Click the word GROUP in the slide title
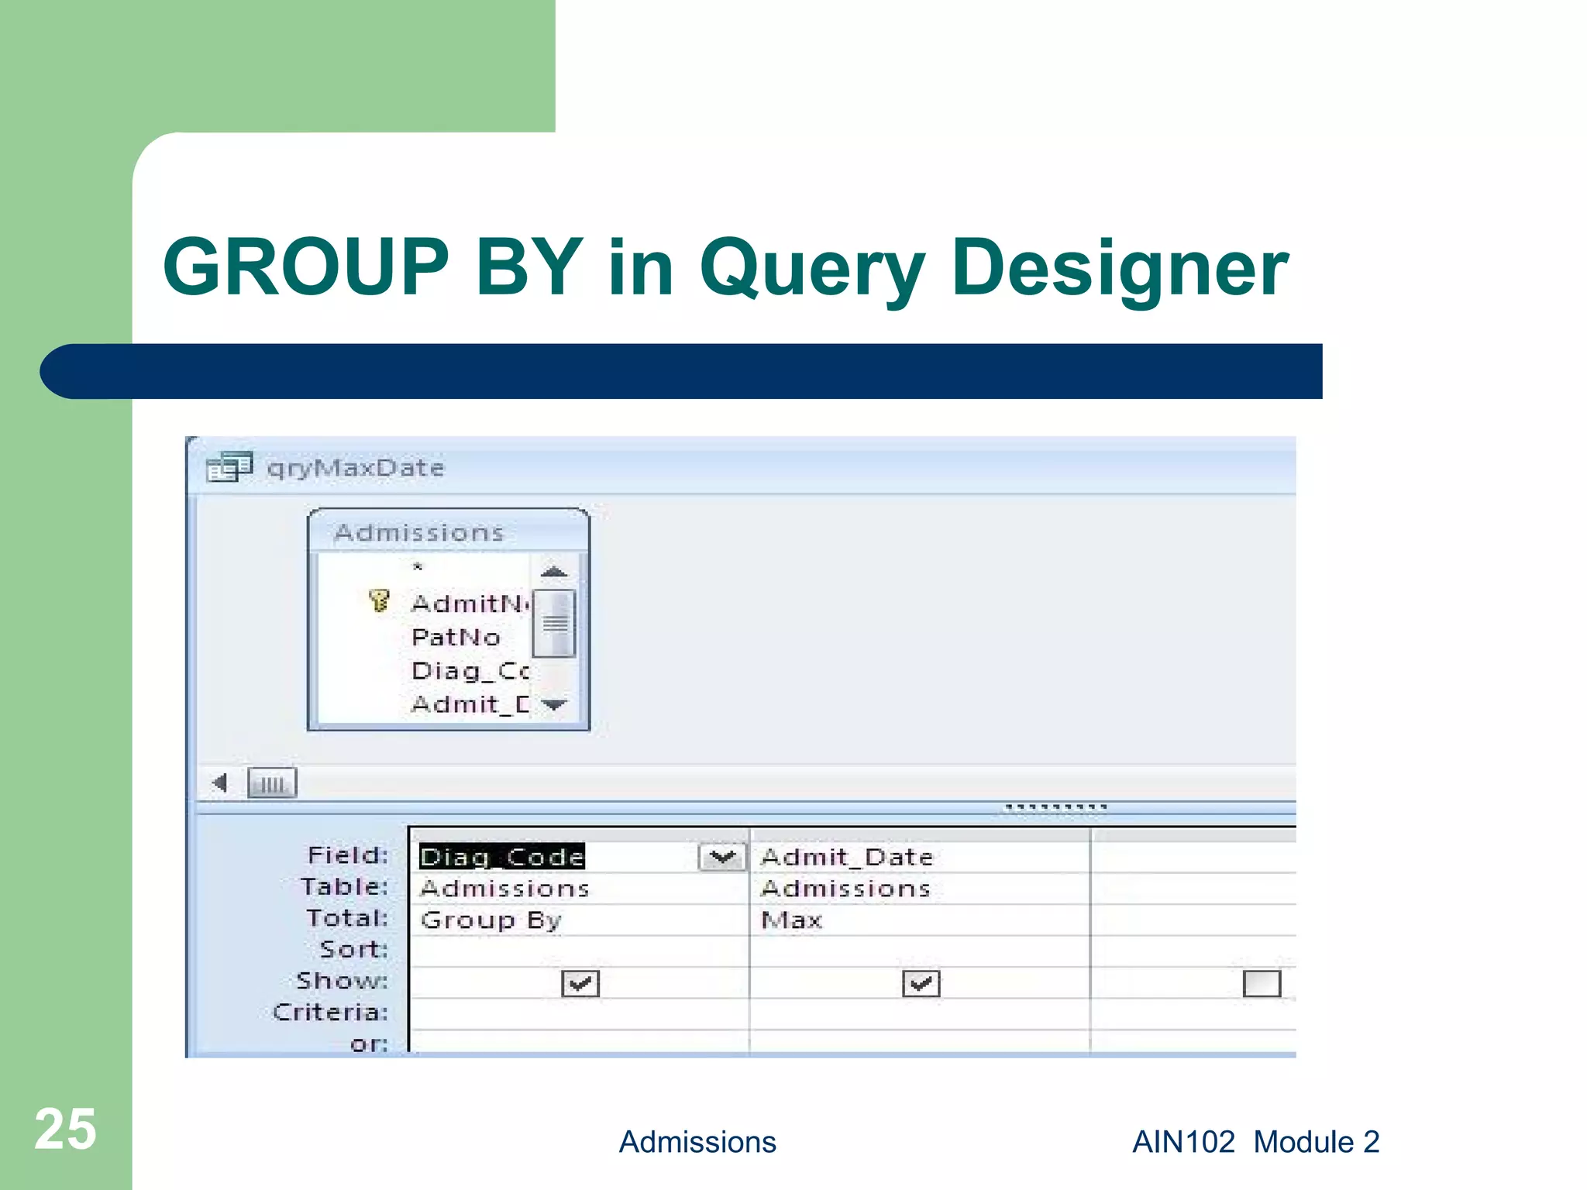(305, 267)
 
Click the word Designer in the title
(1119, 269)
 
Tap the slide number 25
(65, 1130)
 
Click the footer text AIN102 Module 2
(1255, 1142)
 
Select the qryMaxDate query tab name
(356, 468)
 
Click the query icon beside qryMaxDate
(229, 467)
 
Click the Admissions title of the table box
(419, 532)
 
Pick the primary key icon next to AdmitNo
(379, 600)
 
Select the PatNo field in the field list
(456, 637)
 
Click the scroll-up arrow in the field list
(554, 572)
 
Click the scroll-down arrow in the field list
(554, 704)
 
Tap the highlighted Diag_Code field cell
(502, 857)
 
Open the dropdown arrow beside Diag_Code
(722, 857)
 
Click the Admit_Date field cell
(847, 857)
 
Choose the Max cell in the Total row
(791, 920)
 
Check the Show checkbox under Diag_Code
(580, 984)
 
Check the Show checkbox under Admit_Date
(921, 984)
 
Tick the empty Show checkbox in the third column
(1262, 984)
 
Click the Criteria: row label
(331, 1013)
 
